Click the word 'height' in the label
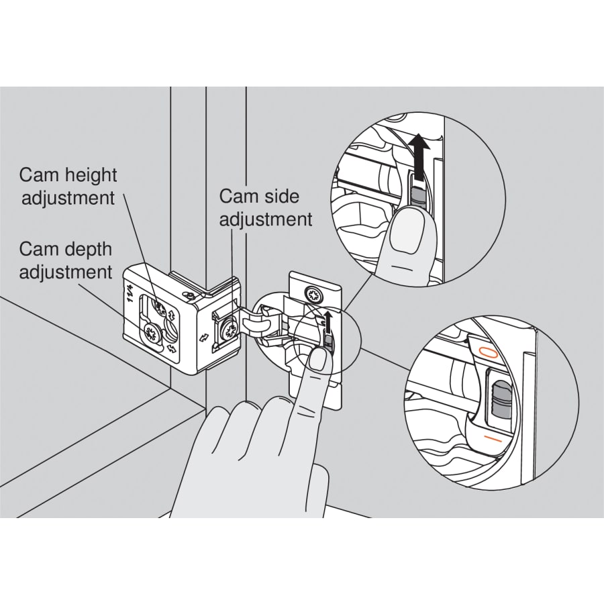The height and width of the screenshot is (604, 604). (x=90, y=176)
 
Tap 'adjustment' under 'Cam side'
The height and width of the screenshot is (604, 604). (x=266, y=220)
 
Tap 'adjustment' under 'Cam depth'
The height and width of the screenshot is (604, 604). (x=66, y=272)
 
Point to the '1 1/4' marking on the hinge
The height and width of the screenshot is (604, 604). (x=128, y=294)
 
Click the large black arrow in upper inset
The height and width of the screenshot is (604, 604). (x=419, y=158)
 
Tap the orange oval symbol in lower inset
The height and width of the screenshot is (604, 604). (x=487, y=351)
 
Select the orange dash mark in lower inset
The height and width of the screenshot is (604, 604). (x=493, y=439)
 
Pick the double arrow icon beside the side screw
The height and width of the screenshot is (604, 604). (x=203, y=338)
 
